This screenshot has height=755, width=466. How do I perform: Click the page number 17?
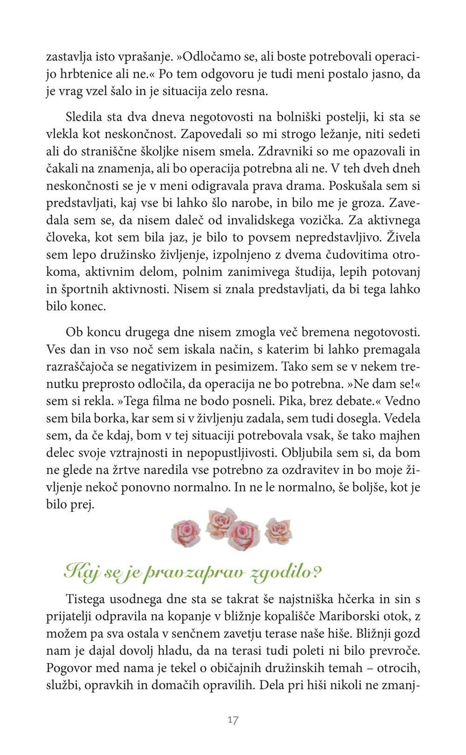click(233, 720)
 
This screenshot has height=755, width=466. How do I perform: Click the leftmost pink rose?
click(186, 533)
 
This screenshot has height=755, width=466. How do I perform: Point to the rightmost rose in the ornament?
click(279, 530)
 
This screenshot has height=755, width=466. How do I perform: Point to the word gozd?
click(407, 634)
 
